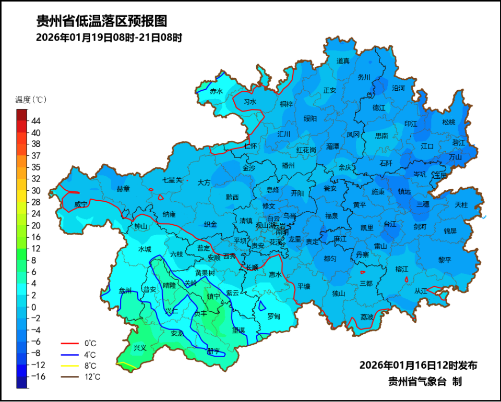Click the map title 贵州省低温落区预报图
tap(102, 21)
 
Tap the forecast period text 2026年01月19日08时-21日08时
tap(109, 38)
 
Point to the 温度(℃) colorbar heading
tap(31, 99)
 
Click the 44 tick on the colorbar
tap(36, 121)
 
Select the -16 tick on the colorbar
tap(38, 376)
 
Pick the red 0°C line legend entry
tap(78, 344)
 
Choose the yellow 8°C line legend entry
tap(78, 366)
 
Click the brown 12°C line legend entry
tap(78, 377)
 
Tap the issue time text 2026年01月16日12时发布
tap(418, 366)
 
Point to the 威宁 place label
tap(81, 204)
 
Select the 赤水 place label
tap(216, 91)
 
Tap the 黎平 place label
tap(445, 260)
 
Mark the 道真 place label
tap(343, 61)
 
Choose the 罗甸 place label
tap(273, 316)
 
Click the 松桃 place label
tap(448, 122)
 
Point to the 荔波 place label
tap(367, 317)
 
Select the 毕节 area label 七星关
tap(172, 180)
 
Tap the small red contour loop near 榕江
tap(407, 279)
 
